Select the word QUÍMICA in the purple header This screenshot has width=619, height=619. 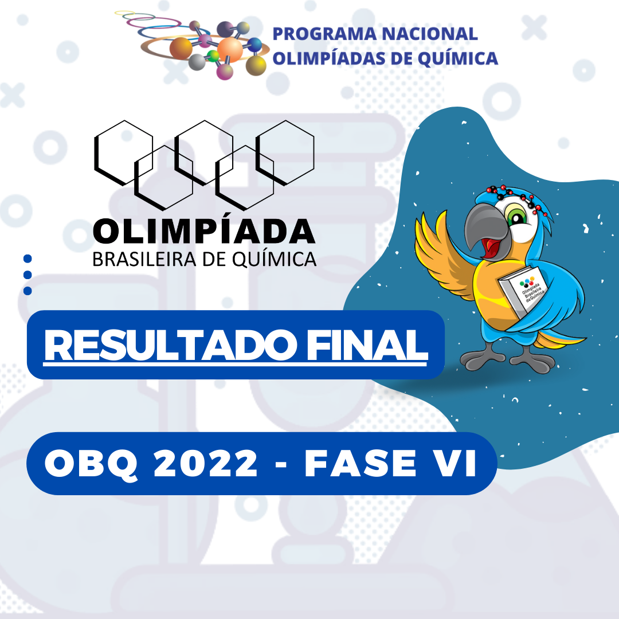pyautogui.click(x=458, y=58)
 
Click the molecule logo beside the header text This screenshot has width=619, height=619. pyautogui.click(x=194, y=44)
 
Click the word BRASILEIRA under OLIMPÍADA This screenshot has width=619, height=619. pyautogui.click(x=144, y=260)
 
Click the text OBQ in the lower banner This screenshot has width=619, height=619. pyautogui.click(x=91, y=464)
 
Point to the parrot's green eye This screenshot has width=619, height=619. pyautogui.click(x=517, y=216)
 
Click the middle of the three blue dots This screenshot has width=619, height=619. pyautogui.click(x=28, y=275)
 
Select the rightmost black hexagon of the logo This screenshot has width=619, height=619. pyautogui.click(x=285, y=153)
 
